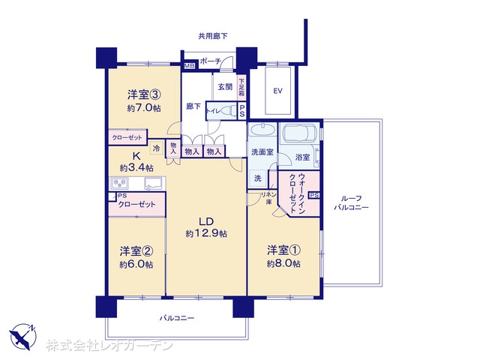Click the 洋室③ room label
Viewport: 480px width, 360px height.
click(142, 95)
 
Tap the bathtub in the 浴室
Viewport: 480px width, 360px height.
click(300, 136)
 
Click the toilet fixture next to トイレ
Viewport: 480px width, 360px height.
click(227, 111)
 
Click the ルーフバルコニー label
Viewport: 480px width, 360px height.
click(351, 201)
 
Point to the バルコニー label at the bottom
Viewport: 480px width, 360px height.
click(177, 318)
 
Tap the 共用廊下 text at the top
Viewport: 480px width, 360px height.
click(213, 35)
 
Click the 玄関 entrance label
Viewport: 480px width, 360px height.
click(224, 87)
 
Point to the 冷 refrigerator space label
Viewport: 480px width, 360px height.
click(156, 148)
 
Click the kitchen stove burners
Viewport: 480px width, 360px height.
click(119, 183)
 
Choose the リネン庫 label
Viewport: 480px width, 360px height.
click(265, 199)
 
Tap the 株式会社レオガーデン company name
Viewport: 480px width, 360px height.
click(109, 346)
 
